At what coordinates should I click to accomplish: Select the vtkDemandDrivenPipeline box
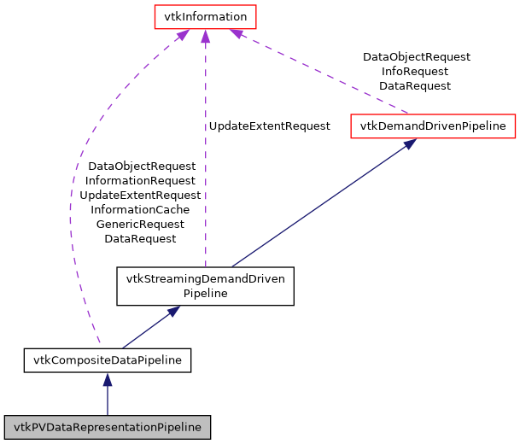point(433,126)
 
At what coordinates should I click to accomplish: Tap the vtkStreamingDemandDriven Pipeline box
point(205,285)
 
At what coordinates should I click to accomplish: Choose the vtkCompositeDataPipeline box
point(107,360)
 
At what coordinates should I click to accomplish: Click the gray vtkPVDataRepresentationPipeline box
point(107,427)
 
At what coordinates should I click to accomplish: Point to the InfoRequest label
point(416,72)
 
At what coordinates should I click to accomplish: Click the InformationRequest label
point(140,180)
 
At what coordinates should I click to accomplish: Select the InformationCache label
point(140,209)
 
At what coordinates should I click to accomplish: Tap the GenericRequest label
point(140,224)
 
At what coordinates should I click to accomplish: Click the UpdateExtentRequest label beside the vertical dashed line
point(269,126)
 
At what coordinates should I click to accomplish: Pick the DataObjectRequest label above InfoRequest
point(416,57)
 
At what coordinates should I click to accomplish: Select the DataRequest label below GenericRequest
point(140,238)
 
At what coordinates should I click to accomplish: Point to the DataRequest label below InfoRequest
point(416,86)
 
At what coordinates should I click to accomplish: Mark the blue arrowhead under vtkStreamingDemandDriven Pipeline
point(173,312)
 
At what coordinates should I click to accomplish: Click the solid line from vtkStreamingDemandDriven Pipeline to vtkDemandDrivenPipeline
point(320,205)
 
